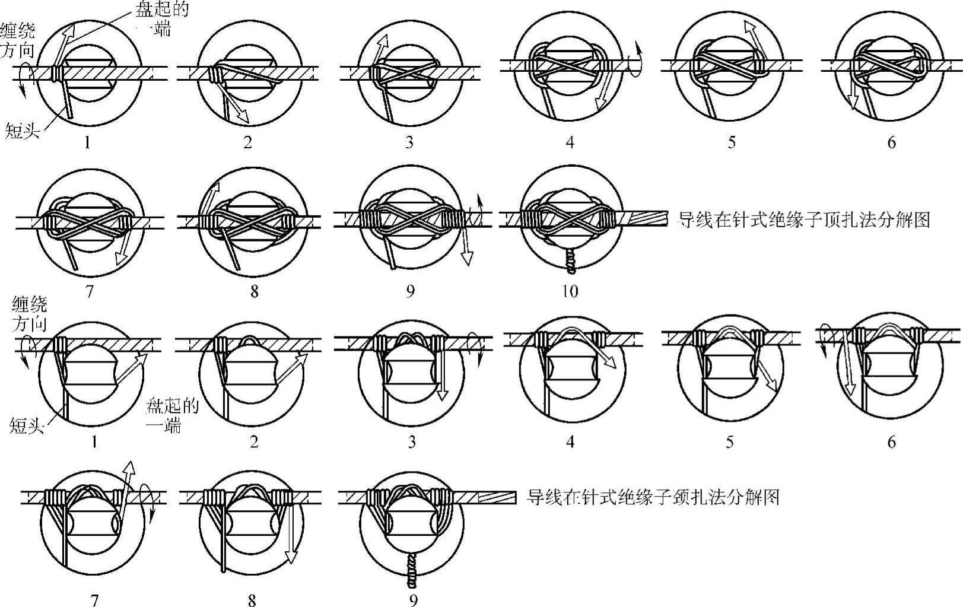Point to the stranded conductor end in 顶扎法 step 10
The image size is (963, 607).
click(x=650, y=219)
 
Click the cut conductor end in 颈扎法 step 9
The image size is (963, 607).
click(x=497, y=497)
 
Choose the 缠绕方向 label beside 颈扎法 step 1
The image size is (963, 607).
click(x=29, y=314)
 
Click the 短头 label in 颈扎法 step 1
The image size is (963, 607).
click(x=27, y=425)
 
